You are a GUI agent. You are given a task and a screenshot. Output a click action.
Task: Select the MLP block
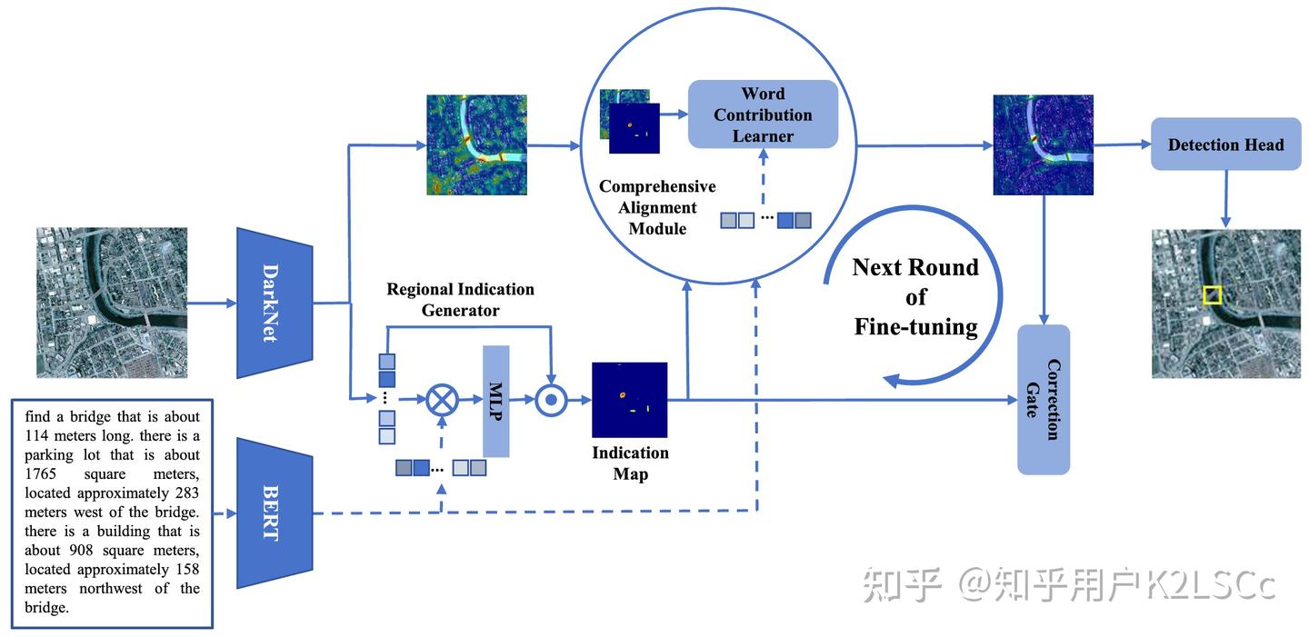click(x=496, y=401)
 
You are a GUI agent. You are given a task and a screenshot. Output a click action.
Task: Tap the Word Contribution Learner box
click(x=763, y=114)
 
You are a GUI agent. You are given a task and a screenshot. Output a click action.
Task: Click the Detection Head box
click(x=1225, y=144)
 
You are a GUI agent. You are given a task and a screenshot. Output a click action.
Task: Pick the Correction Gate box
click(x=1043, y=399)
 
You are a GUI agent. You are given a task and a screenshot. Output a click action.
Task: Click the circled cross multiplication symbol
click(x=443, y=399)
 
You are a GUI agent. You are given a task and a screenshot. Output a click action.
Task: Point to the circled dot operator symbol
click(x=551, y=399)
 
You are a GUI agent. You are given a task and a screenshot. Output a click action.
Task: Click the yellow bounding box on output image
click(x=1212, y=295)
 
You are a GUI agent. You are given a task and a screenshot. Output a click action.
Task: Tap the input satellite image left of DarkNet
click(x=112, y=303)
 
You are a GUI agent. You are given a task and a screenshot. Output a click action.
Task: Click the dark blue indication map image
click(x=629, y=400)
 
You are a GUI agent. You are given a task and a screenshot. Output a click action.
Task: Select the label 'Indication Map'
click(x=630, y=463)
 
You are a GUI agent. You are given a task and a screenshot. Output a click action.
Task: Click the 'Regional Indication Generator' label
click(x=460, y=299)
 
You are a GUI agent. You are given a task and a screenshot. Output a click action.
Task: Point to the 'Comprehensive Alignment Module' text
click(x=656, y=207)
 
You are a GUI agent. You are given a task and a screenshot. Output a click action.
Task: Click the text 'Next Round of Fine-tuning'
click(x=915, y=297)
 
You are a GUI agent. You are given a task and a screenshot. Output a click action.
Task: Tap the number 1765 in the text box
click(x=42, y=474)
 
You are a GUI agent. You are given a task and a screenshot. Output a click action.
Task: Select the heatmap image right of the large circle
click(x=1043, y=144)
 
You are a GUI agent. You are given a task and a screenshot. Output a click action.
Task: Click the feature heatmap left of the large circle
click(x=476, y=144)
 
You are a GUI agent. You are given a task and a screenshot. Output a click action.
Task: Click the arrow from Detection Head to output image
click(x=1225, y=198)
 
